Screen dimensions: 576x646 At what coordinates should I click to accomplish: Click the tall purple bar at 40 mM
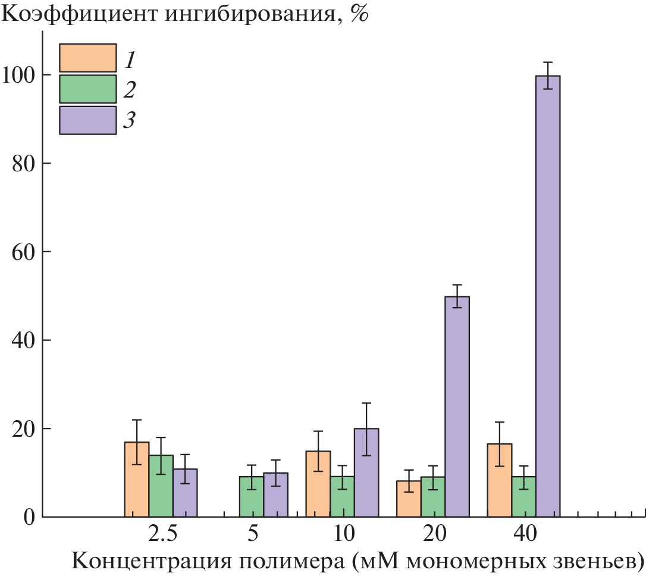(548, 298)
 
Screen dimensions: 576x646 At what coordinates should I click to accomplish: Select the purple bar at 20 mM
(457, 408)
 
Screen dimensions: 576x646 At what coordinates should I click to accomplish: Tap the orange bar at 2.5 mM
(137, 480)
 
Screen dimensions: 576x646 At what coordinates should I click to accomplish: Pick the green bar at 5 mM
(252, 497)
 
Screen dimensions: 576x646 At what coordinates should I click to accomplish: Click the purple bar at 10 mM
(366, 473)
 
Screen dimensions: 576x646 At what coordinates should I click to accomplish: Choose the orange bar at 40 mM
(499, 481)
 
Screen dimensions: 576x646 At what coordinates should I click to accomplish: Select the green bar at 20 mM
(432, 497)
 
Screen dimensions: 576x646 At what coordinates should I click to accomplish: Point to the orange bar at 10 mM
(318, 484)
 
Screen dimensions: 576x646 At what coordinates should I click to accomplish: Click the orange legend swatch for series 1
(88, 58)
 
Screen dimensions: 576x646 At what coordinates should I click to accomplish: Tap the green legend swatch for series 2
(88, 89)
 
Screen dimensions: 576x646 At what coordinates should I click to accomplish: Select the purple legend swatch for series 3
(88, 120)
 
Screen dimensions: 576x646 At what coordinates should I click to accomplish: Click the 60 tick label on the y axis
(24, 252)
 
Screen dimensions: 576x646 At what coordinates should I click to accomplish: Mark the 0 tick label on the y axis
(30, 517)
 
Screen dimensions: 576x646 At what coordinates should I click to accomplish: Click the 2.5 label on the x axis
(162, 534)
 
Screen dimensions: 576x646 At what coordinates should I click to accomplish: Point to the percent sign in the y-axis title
(359, 13)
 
